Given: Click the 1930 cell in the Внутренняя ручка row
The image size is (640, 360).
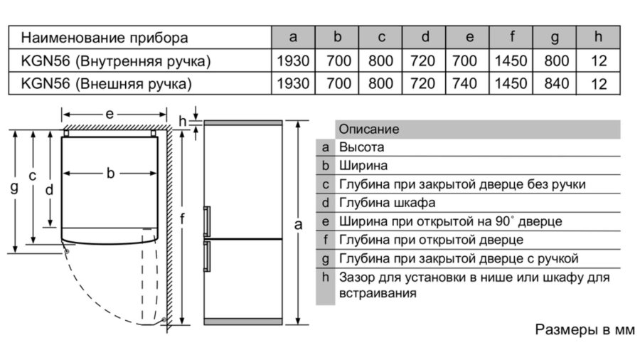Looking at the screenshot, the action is (293, 60).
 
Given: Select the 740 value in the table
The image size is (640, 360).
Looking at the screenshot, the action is (464, 84).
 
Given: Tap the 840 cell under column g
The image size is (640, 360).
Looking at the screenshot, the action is (557, 84).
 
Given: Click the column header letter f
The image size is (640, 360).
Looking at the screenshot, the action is (512, 36).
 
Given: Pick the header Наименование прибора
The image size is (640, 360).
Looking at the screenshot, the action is (105, 38).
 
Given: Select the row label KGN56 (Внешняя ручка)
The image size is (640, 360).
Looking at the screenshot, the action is (106, 84).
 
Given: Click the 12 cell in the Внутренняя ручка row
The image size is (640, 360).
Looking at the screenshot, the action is (599, 60).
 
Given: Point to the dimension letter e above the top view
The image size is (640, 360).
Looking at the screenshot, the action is (110, 114).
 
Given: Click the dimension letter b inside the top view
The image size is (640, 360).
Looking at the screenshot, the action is (110, 173).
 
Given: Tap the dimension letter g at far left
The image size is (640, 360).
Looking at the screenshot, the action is (14, 188).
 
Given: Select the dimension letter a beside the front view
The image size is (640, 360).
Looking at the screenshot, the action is (299, 225).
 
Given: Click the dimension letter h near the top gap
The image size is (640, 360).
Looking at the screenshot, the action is (183, 121).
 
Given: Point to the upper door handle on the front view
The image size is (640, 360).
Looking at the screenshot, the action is (207, 221).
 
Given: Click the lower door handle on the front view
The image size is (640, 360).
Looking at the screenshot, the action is (207, 256).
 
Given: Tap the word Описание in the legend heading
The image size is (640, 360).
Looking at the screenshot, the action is (369, 129).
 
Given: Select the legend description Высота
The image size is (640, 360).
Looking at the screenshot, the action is (362, 147).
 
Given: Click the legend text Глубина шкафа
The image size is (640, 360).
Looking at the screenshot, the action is (388, 203).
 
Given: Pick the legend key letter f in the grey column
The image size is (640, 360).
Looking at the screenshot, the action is (325, 240).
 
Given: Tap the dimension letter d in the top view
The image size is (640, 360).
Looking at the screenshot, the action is (49, 190).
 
